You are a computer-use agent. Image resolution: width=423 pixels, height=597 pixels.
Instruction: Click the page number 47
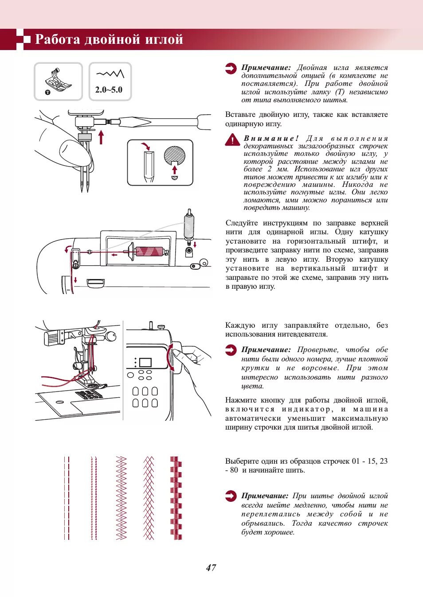tap(211, 567)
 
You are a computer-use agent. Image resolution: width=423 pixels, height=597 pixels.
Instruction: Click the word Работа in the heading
tap(57, 39)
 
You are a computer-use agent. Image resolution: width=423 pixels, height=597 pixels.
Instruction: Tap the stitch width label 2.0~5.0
tap(109, 89)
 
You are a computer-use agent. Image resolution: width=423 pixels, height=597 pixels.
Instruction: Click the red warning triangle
tap(232, 140)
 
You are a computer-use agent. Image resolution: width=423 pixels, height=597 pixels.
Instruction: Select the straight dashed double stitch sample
tap(67, 498)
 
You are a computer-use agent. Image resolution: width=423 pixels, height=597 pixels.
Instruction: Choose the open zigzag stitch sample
tap(121, 498)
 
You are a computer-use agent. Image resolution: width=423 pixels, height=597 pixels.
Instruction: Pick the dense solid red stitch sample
tap(176, 498)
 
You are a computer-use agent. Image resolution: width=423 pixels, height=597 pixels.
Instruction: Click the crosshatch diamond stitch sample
tap(149, 498)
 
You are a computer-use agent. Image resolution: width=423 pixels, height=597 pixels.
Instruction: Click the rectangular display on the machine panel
tap(145, 362)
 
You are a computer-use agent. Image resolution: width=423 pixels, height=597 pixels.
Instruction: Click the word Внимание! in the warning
tap(271, 138)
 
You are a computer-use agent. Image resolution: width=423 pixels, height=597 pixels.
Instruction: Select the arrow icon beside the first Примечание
tap(231, 69)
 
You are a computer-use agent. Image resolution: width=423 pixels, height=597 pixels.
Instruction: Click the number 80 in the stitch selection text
tap(234, 470)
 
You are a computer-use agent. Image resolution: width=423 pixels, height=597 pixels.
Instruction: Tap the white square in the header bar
tap(27, 39)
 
